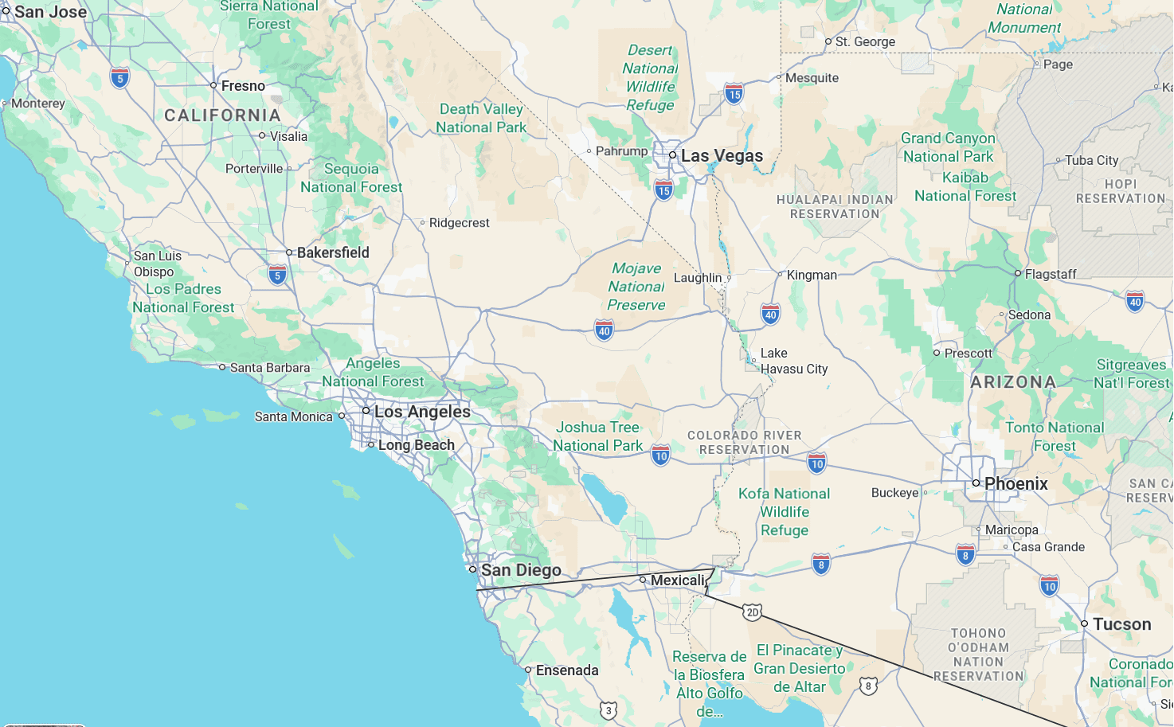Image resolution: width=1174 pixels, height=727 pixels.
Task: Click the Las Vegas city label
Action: pos(722,156)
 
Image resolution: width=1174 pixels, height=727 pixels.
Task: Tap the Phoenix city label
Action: pos(1016,483)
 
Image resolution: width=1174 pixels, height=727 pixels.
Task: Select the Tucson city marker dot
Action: pos(1084,623)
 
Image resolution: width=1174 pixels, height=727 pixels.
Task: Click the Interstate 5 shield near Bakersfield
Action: pos(277,276)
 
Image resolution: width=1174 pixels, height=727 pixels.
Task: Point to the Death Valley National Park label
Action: pos(481,118)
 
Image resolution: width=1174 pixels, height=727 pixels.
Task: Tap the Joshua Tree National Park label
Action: pos(597,436)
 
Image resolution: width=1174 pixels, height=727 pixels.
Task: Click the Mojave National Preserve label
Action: pos(636,287)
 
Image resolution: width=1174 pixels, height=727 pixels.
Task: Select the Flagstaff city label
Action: pos(1050,274)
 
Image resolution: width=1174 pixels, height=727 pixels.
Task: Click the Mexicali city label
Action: pos(678,580)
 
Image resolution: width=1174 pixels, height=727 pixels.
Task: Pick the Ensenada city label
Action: pos(566,670)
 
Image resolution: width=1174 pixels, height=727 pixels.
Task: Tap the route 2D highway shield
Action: pos(752,612)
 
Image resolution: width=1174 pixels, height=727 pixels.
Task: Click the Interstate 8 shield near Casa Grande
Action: pos(965,555)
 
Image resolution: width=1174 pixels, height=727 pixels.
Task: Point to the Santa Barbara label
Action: pos(269,368)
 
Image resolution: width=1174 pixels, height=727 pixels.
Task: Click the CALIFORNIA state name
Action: pos(222,115)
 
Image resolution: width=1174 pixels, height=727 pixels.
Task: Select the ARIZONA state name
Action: pos(1013,382)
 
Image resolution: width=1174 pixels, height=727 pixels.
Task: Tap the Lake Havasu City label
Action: pos(793,361)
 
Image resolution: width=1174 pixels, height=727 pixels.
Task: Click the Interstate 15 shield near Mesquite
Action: pos(734,94)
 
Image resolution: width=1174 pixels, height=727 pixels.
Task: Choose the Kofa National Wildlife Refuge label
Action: pos(784,512)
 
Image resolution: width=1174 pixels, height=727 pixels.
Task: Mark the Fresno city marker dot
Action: pos(213,85)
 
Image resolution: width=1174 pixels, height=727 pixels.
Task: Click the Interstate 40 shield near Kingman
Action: pos(770,315)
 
